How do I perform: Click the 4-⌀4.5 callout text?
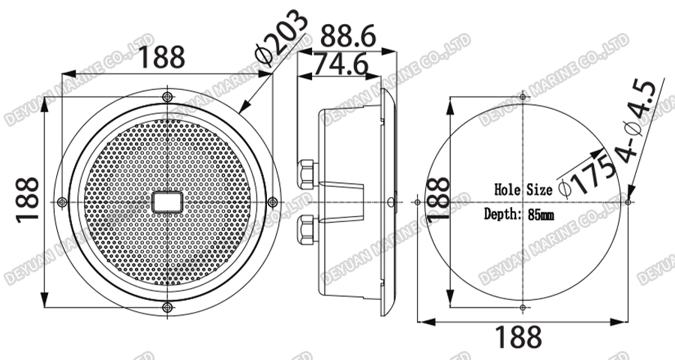click(640, 121)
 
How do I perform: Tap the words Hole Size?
click(523, 189)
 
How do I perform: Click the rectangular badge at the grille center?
click(166, 202)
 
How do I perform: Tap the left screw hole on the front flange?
click(62, 202)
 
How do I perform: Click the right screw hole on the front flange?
click(271, 202)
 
